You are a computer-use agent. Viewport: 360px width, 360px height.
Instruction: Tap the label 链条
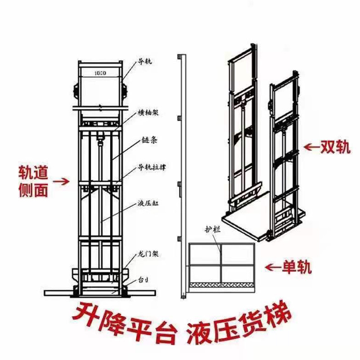[147, 140]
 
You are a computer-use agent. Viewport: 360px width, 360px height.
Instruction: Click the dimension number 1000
[100, 73]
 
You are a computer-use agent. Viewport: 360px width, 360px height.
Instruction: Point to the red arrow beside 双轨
[311, 147]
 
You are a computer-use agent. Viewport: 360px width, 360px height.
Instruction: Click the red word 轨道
[33, 172]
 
